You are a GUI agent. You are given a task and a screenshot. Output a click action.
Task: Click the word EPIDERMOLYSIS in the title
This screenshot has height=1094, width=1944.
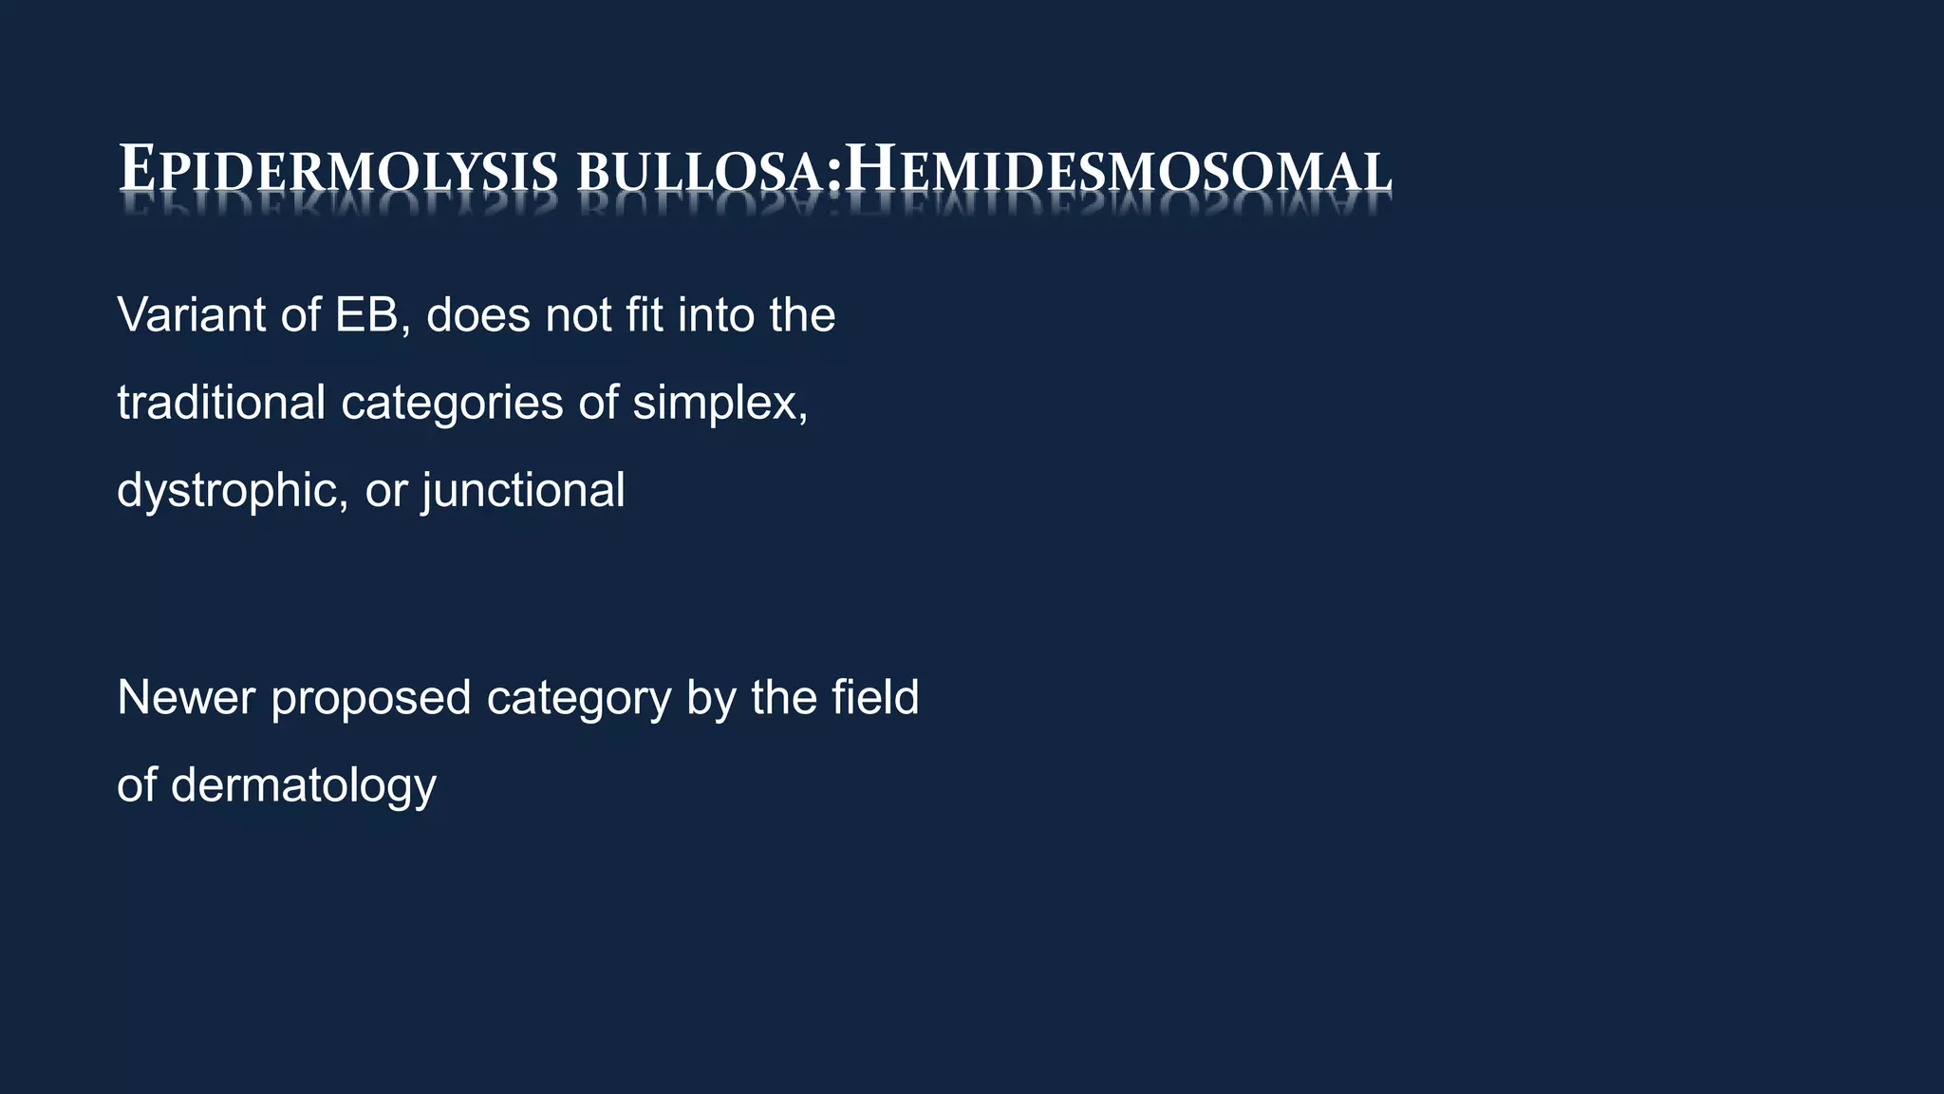338,171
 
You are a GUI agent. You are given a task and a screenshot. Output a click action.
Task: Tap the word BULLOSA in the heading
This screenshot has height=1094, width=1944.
701,173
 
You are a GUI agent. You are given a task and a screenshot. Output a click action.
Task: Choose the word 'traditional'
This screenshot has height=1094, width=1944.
221,402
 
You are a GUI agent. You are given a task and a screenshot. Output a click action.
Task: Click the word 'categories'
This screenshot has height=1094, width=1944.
453,404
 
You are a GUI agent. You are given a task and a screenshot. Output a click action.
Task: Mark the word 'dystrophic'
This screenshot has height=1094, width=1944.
228,491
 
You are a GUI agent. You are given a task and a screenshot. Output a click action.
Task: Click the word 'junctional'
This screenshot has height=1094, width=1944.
523,491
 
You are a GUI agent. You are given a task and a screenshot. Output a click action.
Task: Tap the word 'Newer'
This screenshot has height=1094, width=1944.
186,698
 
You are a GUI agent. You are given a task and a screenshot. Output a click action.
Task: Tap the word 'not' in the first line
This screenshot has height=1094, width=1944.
578,315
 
